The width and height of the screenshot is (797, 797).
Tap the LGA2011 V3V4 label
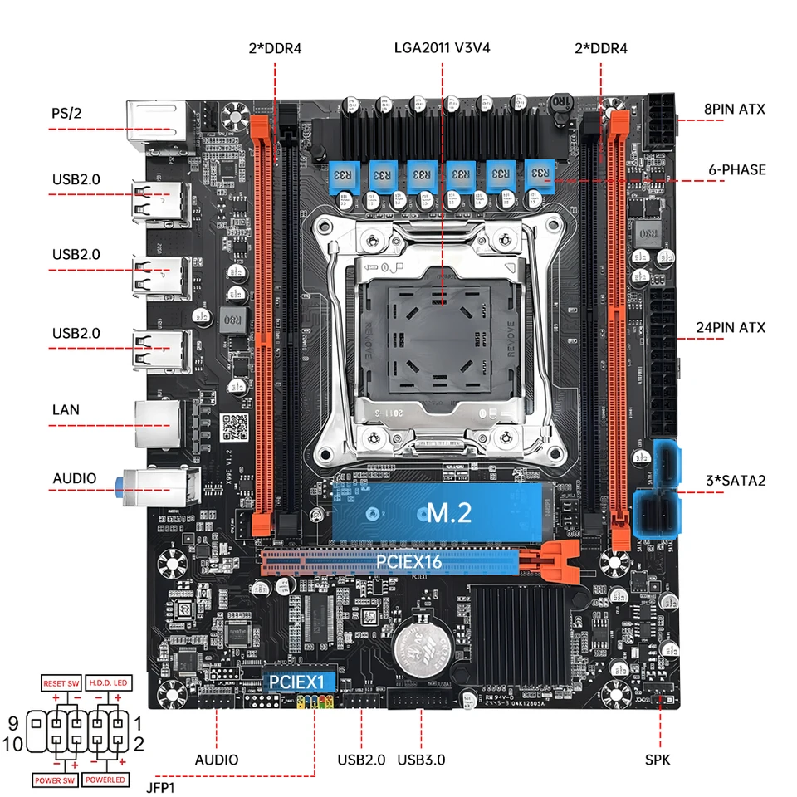pyautogui.click(x=442, y=48)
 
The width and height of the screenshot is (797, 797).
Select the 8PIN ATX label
pyautogui.click(x=734, y=109)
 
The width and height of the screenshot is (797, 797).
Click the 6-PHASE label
pyautogui.click(x=736, y=169)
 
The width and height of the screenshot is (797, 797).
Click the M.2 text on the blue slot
pyautogui.click(x=448, y=512)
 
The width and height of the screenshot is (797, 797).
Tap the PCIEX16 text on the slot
pyautogui.click(x=408, y=562)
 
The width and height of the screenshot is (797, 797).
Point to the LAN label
pyautogui.click(x=66, y=409)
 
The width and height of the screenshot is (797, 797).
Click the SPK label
pyautogui.click(x=658, y=759)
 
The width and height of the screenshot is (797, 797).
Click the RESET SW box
pyautogui.click(x=61, y=682)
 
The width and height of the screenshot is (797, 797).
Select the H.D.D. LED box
pyautogui.click(x=107, y=682)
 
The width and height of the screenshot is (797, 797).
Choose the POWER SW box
pyautogui.click(x=56, y=780)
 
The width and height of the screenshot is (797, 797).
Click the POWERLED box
pyautogui.click(x=105, y=780)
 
